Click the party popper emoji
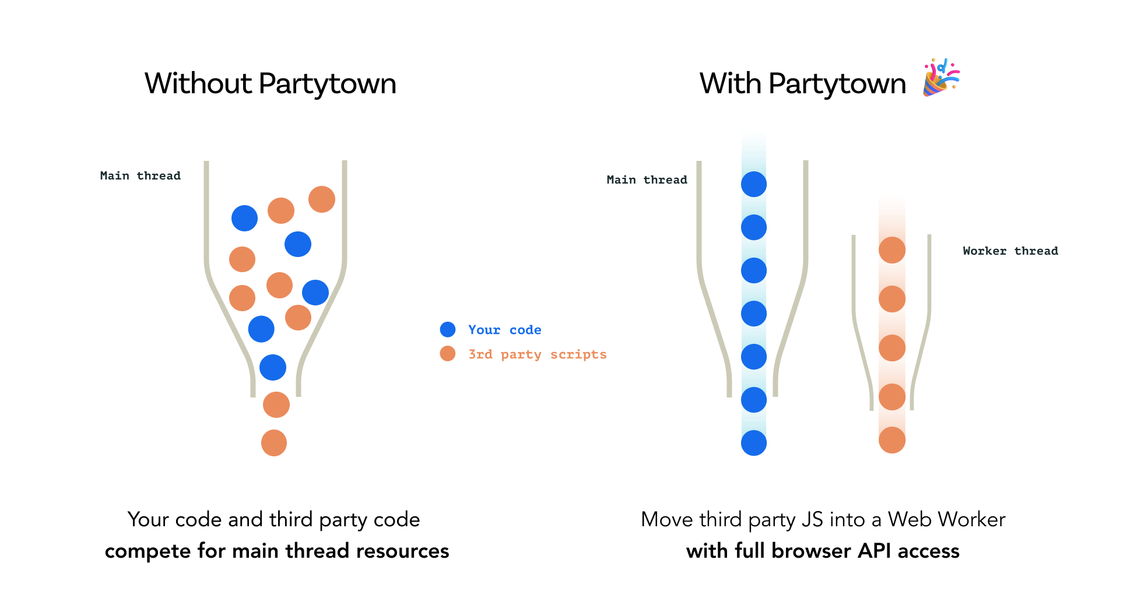coord(940,78)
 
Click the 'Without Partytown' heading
coord(270,83)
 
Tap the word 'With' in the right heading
coord(730,83)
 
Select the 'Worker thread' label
coord(1010,251)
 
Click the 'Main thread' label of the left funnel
coord(140,176)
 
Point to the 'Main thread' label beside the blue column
coord(647,180)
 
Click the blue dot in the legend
coord(447,330)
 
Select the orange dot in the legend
coord(447,354)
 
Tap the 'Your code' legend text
coord(504,330)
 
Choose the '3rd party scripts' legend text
coord(537,354)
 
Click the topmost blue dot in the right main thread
coord(753,184)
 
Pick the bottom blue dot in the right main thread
coord(753,443)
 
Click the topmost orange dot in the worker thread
coord(891,250)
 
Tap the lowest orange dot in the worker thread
coord(891,440)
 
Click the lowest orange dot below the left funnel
coord(273,443)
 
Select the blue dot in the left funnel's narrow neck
coord(272,368)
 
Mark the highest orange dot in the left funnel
coord(321,199)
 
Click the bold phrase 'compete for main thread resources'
coord(277,551)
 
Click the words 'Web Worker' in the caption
coord(946,519)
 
